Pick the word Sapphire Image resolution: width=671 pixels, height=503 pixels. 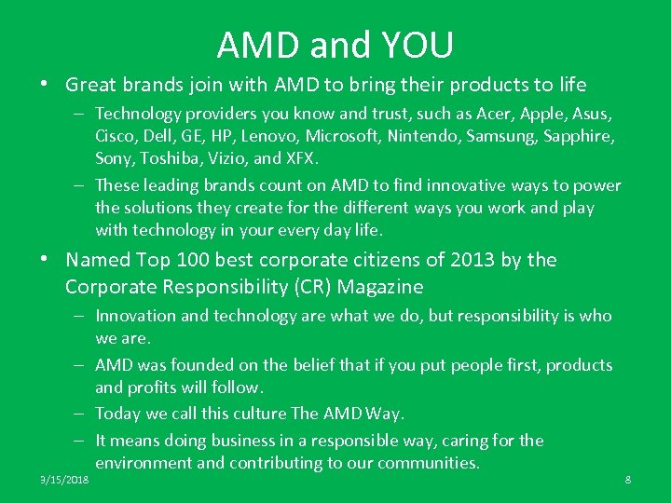[x=578, y=136]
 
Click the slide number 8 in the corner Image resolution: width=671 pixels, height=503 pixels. [x=627, y=480]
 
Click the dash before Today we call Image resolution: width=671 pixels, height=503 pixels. [x=82, y=414]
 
